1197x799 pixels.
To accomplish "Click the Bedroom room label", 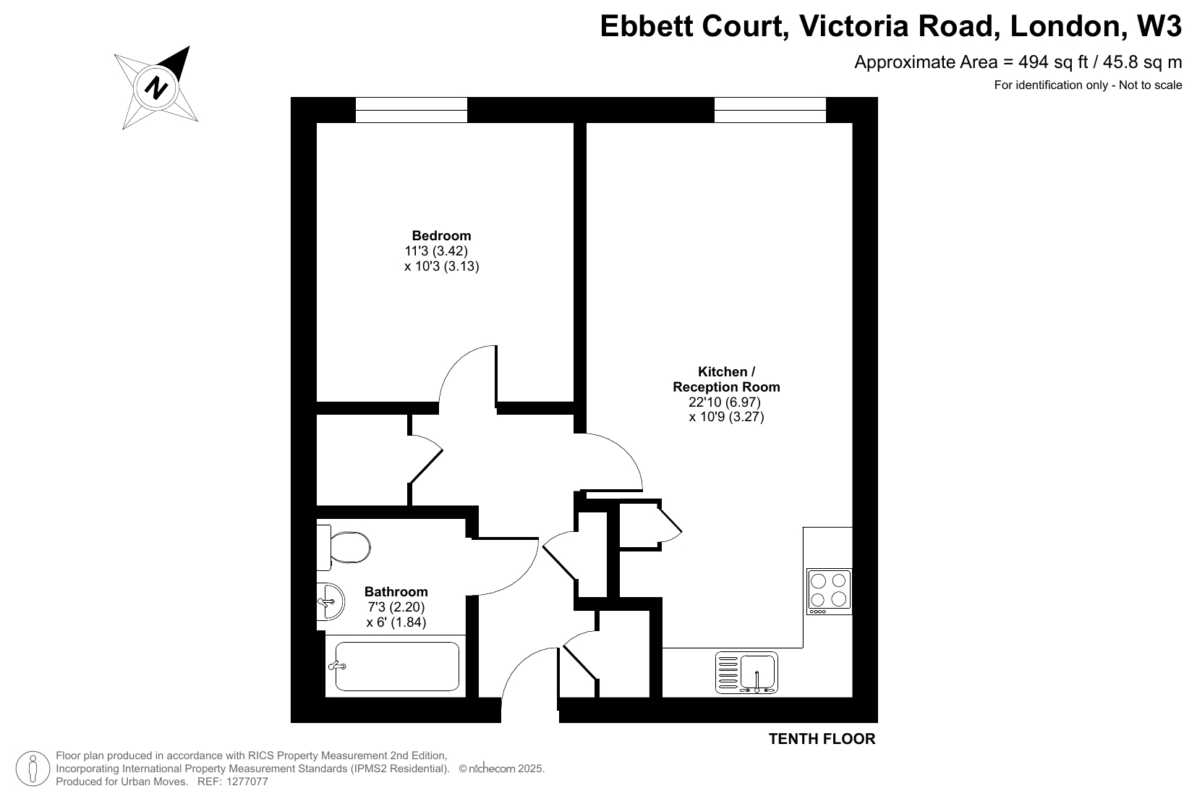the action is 441,235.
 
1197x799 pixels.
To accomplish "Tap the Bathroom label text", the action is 396,591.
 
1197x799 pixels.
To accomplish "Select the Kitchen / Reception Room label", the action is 726,379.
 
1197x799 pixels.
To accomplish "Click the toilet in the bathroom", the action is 343,547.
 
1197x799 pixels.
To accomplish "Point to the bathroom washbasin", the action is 331,601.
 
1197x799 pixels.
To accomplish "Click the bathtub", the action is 396,667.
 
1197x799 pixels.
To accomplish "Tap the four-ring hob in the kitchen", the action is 829,591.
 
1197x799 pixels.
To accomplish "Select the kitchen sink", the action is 746,673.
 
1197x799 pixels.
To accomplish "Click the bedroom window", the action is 412,109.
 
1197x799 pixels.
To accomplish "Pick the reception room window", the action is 770,109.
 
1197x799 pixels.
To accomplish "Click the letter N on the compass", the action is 156,88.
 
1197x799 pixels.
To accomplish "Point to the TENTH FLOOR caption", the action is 822,738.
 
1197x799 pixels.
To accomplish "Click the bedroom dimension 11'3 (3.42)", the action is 436,251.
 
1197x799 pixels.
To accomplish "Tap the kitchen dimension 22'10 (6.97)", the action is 724,402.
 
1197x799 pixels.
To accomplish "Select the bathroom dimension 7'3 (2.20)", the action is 396,607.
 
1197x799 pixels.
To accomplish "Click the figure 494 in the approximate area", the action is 1033,62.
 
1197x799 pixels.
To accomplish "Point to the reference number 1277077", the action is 247,782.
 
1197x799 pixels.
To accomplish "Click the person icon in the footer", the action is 33,769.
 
